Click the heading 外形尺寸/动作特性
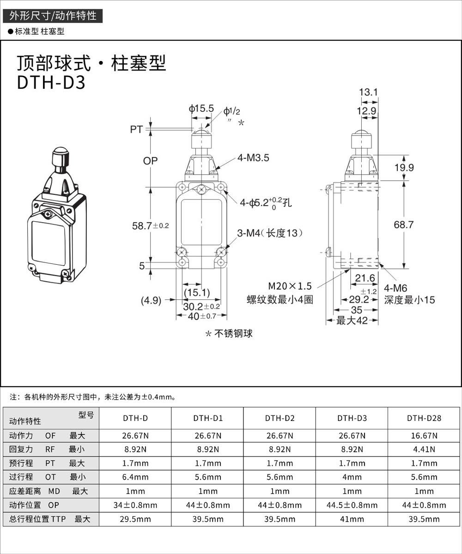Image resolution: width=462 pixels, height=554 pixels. (53, 16)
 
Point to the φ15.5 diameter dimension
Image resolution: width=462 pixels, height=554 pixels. (201, 109)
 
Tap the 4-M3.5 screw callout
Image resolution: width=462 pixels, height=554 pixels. (253, 158)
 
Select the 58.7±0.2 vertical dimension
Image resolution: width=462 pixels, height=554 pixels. (151, 225)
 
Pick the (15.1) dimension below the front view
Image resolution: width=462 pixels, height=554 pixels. (197, 292)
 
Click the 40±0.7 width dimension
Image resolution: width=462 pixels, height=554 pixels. (201, 317)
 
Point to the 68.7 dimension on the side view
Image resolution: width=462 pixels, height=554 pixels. (404, 225)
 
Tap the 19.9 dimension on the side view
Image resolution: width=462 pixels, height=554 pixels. (404, 168)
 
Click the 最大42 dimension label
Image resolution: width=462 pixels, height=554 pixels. (352, 321)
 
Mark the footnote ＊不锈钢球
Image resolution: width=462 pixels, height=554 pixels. (229, 334)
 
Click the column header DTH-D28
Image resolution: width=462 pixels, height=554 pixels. (424, 418)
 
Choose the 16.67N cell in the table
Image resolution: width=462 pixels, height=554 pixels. (424, 435)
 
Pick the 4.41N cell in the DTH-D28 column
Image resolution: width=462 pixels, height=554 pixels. (424, 449)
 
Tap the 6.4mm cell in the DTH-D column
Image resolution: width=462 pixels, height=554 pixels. (135, 477)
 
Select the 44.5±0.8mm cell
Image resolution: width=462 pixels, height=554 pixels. (352, 505)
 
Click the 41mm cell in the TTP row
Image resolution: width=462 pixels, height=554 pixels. (352, 519)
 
